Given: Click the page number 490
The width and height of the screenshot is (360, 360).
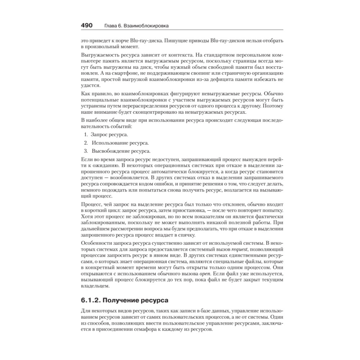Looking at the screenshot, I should tap(87, 26).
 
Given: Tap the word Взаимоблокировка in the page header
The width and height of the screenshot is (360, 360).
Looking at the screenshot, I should tap(147, 26).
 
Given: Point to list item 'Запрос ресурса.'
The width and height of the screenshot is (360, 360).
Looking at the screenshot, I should tap(109, 134).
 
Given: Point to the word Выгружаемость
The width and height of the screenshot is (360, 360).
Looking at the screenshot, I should tap(97, 55).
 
